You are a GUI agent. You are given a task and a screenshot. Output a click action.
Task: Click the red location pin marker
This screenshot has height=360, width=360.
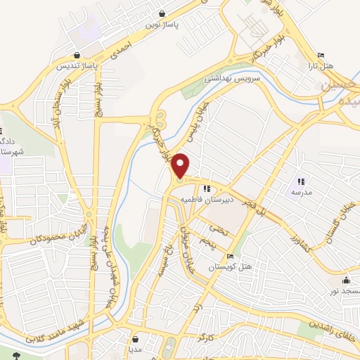181,166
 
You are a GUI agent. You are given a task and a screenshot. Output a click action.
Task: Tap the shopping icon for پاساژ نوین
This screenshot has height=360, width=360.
162,13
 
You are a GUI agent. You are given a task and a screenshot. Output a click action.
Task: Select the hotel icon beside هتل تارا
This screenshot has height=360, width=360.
321,56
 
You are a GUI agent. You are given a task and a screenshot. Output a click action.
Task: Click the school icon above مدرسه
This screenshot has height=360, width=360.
301,181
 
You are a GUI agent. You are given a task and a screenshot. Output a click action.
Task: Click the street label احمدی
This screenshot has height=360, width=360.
121,50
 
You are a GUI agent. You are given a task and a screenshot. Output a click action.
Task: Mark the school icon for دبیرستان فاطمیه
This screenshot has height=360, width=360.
206,188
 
